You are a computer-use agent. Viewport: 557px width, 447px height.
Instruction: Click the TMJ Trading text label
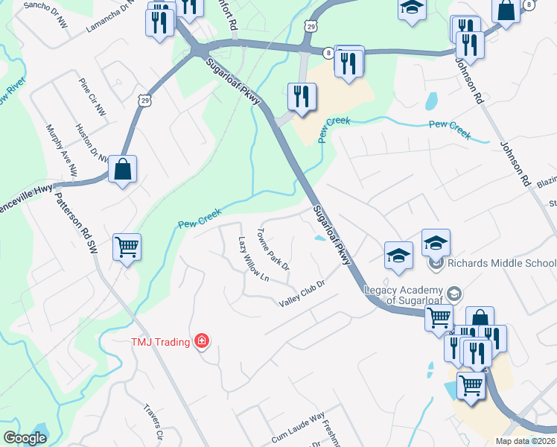point(160,342)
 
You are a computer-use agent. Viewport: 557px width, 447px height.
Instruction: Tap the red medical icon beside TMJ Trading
point(201,342)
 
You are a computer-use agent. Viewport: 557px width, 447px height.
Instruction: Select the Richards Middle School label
point(501,263)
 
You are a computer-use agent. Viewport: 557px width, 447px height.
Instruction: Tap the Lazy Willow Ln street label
point(253,259)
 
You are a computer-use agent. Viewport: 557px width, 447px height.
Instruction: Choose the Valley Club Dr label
point(303,294)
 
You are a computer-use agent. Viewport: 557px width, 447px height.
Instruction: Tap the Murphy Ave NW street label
point(62,149)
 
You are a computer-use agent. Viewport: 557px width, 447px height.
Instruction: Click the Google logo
point(25,438)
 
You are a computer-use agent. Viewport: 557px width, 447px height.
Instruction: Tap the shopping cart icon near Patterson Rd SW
point(127,247)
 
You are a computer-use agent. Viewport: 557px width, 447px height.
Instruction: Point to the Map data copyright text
point(526,441)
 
